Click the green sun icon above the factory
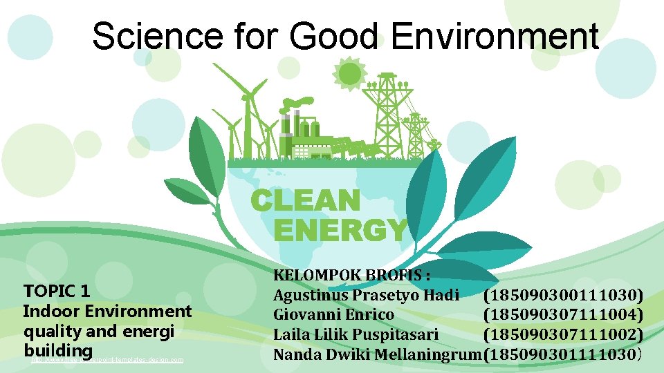(350, 72)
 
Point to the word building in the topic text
(58, 350)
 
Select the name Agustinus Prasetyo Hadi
(366, 296)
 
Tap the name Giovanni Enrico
(333, 315)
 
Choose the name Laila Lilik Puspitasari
(356, 334)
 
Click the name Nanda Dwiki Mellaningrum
(378, 354)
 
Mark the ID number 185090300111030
(564, 296)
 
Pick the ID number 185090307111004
(564, 315)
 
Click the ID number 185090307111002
(564, 334)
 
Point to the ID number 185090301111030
(564, 354)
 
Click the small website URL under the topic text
(107, 359)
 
